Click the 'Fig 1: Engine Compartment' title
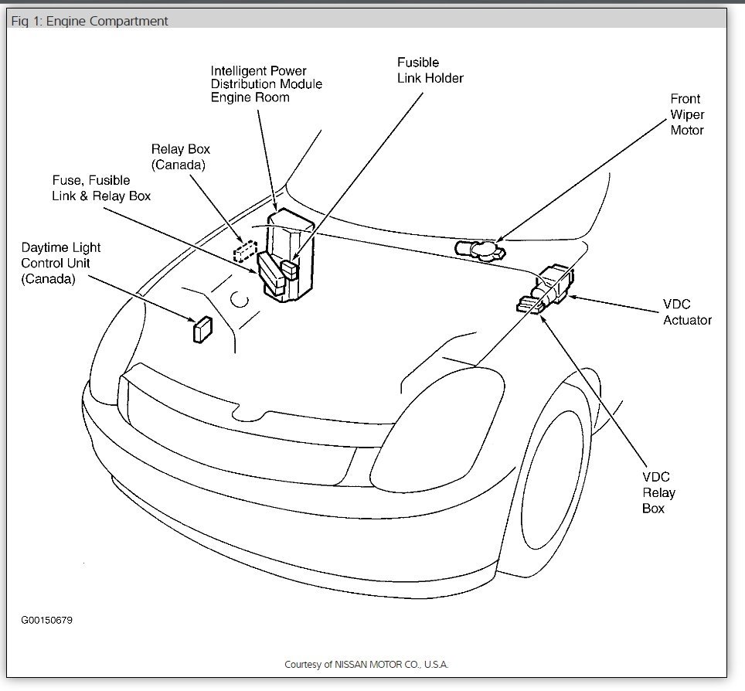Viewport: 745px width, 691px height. click(90, 21)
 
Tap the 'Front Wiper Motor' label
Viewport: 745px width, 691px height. click(686, 114)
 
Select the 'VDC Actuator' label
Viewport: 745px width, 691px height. click(687, 311)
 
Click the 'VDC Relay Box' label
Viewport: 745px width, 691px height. click(658, 492)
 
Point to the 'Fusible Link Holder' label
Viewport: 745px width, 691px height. click(430, 70)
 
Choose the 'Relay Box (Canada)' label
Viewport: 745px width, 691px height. click(180, 157)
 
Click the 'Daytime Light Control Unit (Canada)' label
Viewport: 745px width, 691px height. click(60, 264)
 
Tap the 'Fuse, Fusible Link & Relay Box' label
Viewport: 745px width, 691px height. click(101, 188)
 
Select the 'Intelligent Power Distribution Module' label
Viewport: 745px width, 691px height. click(266, 83)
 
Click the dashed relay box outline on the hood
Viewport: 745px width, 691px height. click(245, 251)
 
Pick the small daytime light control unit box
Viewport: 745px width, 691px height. click(202, 328)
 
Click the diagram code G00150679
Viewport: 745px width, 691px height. click(47, 620)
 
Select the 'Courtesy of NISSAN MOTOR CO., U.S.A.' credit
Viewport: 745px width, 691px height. click(366, 664)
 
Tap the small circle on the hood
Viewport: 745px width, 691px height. click(240, 299)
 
